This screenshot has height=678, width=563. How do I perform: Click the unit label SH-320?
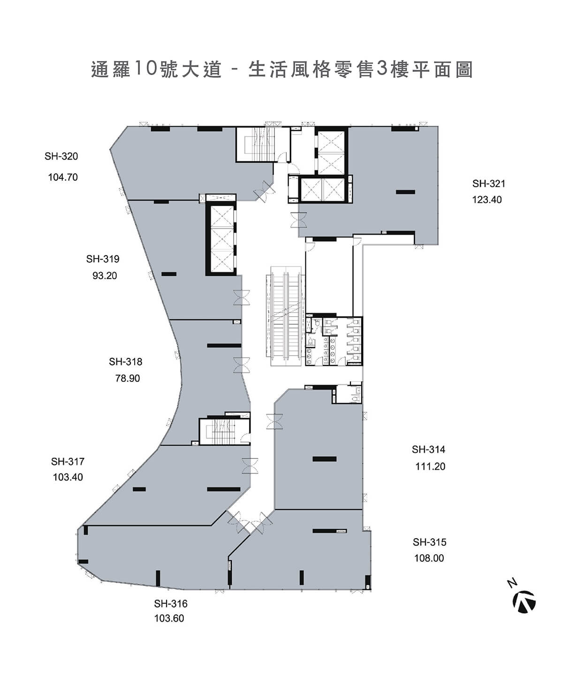coord(61,157)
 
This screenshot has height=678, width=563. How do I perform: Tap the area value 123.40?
coord(487,200)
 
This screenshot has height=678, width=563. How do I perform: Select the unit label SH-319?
coord(103,259)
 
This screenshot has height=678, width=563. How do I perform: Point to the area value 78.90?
coord(128,379)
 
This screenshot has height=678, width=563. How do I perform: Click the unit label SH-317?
coord(68,462)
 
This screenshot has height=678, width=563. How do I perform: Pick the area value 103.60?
coord(169,619)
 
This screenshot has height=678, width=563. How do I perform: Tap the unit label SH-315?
coord(429,542)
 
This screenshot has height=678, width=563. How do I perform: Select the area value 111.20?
coord(430,467)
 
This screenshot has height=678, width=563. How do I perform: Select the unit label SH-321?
coord(488,184)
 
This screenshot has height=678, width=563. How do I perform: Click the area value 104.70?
coord(63,178)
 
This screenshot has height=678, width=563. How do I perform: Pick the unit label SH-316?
coord(170,604)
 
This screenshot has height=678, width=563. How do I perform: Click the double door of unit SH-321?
coord(298,220)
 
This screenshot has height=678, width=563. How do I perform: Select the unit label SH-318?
coord(125,362)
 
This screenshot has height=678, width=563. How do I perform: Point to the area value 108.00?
coord(429,558)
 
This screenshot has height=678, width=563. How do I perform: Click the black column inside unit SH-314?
coord(324,459)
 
